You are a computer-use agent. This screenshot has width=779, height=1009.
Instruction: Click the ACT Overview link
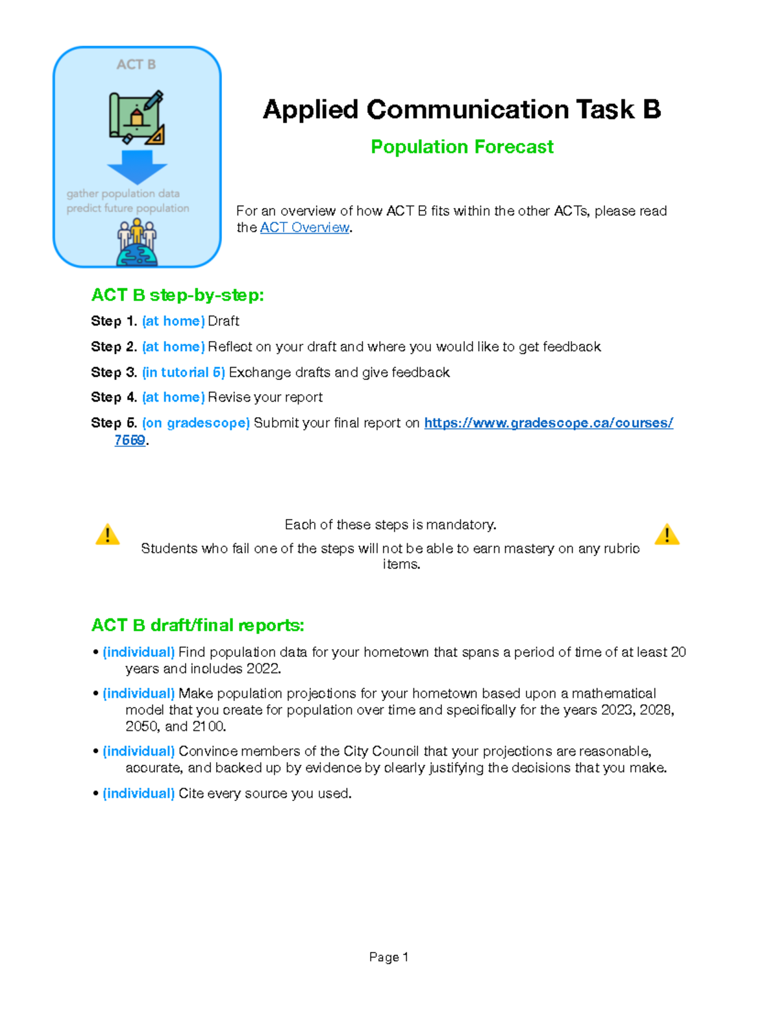(x=304, y=227)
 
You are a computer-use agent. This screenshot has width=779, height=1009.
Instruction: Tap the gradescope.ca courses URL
(x=548, y=423)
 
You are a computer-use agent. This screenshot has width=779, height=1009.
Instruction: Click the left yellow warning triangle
(x=107, y=534)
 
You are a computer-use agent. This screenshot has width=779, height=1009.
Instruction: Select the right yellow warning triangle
(x=667, y=534)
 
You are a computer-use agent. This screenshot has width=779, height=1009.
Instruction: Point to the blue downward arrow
(x=137, y=167)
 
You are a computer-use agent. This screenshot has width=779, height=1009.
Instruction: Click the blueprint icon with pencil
(x=137, y=118)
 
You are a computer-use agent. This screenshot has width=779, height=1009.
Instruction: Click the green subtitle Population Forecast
(x=462, y=147)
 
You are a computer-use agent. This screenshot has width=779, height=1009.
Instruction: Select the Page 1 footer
(x=388, y=957)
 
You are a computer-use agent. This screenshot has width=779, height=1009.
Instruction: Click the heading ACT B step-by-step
(x=177, y=295)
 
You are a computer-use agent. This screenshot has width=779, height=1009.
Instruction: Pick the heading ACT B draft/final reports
(x=197, y=625)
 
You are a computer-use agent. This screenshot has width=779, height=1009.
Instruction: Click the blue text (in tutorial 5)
(x=183, y=372)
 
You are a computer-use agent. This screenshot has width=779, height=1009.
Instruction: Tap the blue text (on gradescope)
(x=195, y=423)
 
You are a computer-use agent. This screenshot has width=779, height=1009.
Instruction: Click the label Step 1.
(x=114, y=321)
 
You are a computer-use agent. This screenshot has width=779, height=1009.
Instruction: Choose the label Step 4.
(x=114, y=397)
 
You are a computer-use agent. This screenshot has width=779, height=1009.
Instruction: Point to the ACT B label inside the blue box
(x=136, y=64)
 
